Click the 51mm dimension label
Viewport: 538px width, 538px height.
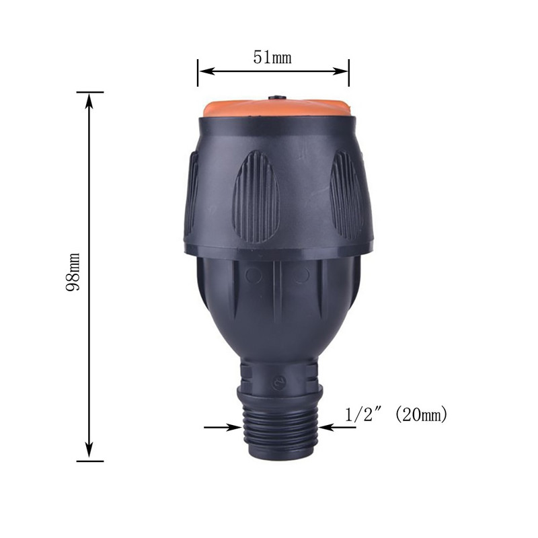[272, 57]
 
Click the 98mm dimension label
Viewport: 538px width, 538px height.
[73, 272]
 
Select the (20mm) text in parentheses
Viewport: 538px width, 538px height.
[422, 415]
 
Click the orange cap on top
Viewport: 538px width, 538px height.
[276, 108]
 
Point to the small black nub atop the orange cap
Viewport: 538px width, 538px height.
[277, 98]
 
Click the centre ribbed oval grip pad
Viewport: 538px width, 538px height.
[256, 196]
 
